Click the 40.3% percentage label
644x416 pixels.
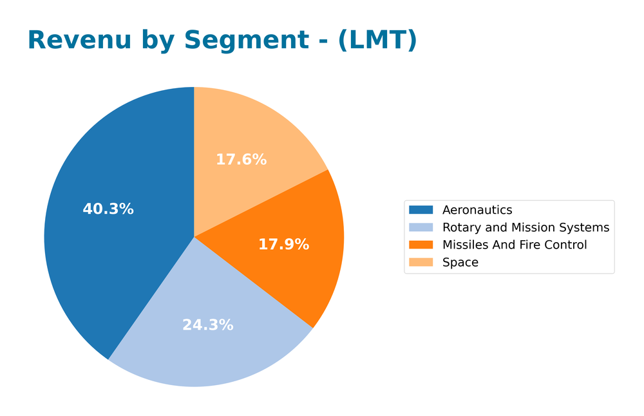108,209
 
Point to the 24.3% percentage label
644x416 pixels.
207,325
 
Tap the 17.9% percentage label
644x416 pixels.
283,245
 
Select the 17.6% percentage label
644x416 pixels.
241,160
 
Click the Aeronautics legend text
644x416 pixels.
477,210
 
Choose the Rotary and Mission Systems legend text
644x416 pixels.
526,227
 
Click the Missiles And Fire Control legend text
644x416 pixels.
515,245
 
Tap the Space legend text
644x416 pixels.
460,262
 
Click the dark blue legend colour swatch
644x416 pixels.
421,210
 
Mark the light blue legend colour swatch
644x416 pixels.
421,227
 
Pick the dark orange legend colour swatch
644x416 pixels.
421,245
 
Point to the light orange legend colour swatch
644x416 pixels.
421,262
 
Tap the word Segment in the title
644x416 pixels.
246,41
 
